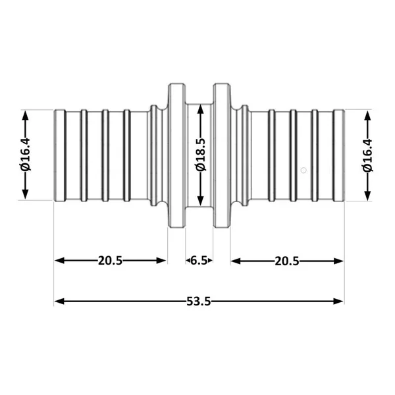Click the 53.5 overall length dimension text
(x=199, y=301)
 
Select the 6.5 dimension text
(x=199, y=261)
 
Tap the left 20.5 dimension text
(x=110, y=261)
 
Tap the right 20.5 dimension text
(x=287, y=261)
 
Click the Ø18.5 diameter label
(x=201, y=155)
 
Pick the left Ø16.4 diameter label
(x=25, y=154)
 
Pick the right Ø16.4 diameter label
(x=367, y=155)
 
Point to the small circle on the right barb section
(x=303, y=171)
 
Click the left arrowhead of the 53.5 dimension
(x=59, y=301)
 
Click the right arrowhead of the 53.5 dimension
(x=338, y=301)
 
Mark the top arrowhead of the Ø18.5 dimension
(x=201, y=109)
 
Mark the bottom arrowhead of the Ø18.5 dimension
(x=201, y=200)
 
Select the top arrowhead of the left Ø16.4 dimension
(x=25, y=116)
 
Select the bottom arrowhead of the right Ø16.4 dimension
(x=368, y=195)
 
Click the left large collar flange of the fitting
(x=176, y=155)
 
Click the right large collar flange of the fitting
(x=222, y=155)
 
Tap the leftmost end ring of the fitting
(x=60, y=155)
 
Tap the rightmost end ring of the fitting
(x=339, y=155)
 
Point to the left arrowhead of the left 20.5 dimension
(x=59, y=261)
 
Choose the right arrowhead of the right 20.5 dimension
(x=338, y=261)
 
